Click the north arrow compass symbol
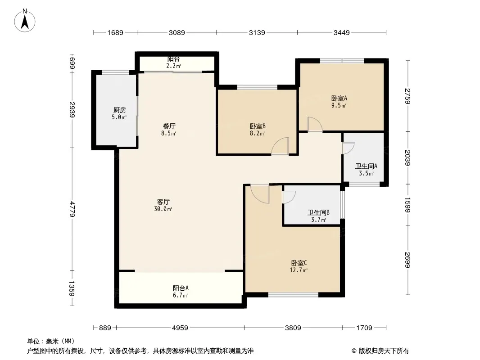pyautogui.click(x=26, y=20)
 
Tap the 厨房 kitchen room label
pyautogui.click(x=119, y=113)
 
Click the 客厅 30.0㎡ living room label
pyautogui.click(x=163, y=205)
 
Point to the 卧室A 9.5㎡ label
pyautogui.click(x=339, y=102)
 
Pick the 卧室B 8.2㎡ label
pyautogui.click(x=258, y=130)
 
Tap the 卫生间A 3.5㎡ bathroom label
pyautogui.click(x=366, y=169)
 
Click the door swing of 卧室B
pyautogui.click(x=280, y=147)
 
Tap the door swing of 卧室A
pyautogui.click(x=314, y=124)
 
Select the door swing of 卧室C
pyautogui.click(x=260, y=193)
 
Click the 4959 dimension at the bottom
pyautogui.click(x=180, y=328)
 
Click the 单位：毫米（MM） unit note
pyautogui.click(x=51, y=341)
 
